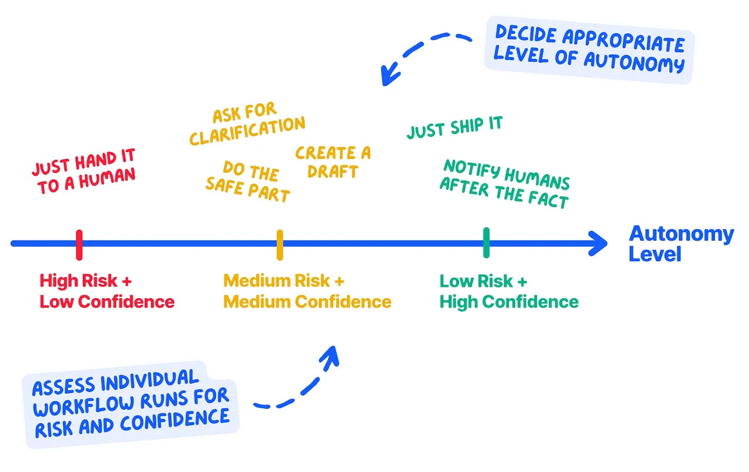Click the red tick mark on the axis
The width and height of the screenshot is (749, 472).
point(79,245)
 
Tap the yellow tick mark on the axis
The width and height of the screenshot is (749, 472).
point(280,245)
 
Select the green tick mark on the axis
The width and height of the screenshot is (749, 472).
point(487,243)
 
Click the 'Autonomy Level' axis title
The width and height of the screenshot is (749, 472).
point(681,244)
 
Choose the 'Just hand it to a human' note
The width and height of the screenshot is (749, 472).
point(84,171)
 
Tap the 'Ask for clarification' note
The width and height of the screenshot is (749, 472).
point(247,124)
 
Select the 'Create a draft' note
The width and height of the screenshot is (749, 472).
point(333,162)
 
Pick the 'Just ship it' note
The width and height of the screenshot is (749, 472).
point(455,128)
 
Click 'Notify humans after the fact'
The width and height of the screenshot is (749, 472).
point(505,184)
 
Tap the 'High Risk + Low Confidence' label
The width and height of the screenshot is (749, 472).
point(107,291)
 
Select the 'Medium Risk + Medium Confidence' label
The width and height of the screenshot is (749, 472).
point(307,291)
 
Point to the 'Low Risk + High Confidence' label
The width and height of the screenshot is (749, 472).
point(509,291)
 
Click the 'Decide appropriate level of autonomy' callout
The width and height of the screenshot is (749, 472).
point(589,49)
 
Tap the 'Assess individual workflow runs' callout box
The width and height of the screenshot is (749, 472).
point(131,405)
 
